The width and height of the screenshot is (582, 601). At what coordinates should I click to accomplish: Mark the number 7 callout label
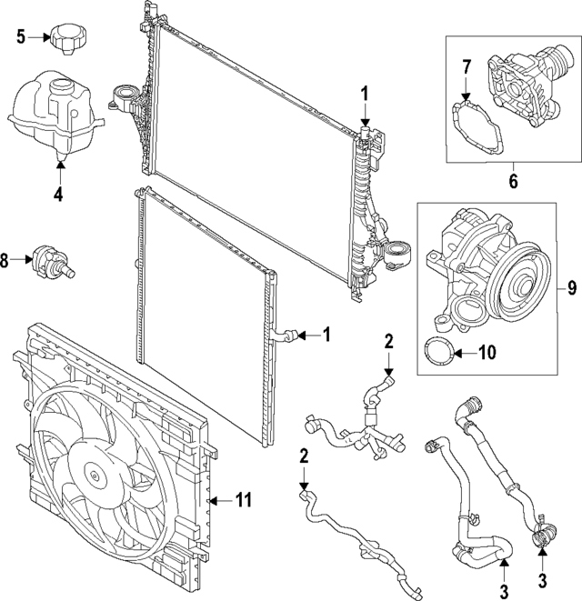466,67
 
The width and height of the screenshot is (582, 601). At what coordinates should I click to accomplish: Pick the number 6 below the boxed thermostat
513,182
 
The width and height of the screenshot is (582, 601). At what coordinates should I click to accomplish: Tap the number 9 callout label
571,290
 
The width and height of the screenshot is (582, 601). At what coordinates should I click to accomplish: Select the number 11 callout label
242,500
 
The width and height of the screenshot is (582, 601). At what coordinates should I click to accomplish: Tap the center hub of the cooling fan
94,473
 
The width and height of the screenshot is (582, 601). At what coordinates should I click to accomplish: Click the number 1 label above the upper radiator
364,92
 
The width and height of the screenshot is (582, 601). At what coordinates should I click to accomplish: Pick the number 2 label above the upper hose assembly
388,342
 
